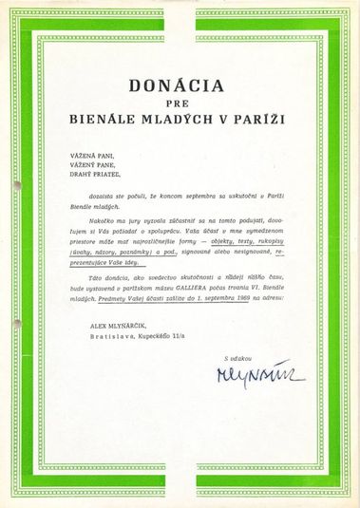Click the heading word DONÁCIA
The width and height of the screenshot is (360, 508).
(180, 86)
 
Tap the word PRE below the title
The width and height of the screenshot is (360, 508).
(180, 104)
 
